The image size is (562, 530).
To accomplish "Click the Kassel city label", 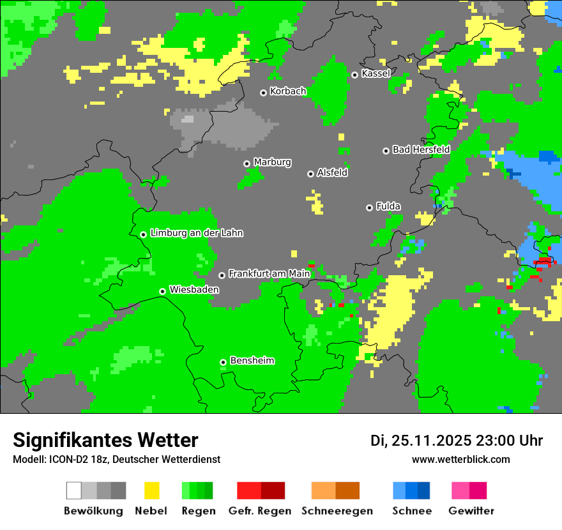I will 376,73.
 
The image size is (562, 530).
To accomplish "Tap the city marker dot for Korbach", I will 263,93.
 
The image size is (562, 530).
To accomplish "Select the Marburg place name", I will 272,162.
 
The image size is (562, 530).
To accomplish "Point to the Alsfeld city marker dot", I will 310,174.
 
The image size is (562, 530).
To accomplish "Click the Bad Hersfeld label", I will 421,149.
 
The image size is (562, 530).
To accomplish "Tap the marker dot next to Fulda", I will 369,208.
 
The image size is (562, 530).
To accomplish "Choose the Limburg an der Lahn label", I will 196,233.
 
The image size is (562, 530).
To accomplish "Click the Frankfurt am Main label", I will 269,274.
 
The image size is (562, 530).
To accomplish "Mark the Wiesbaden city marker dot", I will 162,291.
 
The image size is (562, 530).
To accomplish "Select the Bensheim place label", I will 252,361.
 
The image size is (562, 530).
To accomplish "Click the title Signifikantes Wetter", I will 105,440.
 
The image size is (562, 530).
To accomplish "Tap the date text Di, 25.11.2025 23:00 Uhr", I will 457,441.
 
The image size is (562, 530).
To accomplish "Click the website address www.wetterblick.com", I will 460,459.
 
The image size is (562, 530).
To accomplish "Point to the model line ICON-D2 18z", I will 116,459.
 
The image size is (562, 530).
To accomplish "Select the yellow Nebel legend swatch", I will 151,490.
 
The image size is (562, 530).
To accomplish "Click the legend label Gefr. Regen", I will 260,511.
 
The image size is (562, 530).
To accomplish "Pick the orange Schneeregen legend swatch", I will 323,490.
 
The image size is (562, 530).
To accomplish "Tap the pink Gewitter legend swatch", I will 460,490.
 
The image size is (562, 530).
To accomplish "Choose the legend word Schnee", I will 411,511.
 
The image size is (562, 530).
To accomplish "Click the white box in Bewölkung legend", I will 73,490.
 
